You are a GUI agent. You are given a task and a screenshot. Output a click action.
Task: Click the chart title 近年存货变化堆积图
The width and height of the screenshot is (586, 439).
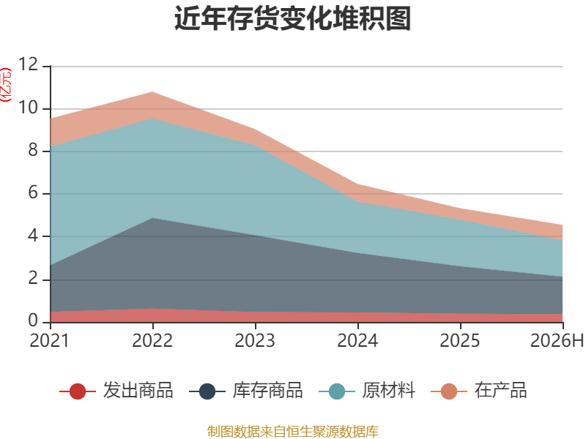tap(292, 18)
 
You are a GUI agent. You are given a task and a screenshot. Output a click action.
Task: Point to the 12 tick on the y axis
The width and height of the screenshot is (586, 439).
tap(29, 64)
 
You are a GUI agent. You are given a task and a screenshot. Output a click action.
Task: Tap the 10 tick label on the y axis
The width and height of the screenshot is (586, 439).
tap(29, 108)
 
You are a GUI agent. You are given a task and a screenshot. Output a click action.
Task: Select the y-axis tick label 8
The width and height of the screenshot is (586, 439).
tap(33, 150)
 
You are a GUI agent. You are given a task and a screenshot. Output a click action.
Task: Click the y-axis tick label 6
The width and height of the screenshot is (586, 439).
tap(33, 192)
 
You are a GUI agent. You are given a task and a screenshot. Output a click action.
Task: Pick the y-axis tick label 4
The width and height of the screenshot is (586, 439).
tap(33, 236)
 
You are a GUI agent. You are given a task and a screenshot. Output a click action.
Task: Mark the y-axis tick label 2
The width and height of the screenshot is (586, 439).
tap(33, 279)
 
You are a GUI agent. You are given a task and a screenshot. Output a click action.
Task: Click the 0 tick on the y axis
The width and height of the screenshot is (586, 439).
tap(33, 320)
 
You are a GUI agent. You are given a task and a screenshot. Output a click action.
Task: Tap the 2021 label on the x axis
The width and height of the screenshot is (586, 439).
tap(50, 340)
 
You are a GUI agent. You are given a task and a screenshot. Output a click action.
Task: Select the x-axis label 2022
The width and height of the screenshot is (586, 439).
tap(152, 340)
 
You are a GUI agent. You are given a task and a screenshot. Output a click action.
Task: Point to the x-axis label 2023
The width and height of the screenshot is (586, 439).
tap(255, 340)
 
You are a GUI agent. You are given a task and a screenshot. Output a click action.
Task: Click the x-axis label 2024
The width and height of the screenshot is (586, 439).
tap(357, 340)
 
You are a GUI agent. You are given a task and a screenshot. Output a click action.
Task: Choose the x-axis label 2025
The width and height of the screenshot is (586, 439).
tap(460, 340)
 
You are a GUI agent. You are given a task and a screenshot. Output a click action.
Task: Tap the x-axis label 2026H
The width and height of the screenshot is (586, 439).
tap(557, 340)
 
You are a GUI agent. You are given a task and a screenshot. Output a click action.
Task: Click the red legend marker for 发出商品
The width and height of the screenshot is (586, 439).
tap(78, 391)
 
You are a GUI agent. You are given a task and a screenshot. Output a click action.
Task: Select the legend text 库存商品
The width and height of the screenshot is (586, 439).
tap(267, 391)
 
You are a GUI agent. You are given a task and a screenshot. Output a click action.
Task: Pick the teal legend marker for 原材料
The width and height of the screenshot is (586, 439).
tap(337, 391)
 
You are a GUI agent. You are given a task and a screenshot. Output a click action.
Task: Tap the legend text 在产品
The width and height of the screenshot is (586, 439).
tap(501, 391)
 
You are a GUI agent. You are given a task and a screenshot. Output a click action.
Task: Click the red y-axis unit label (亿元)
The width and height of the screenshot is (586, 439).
tap(6, 85)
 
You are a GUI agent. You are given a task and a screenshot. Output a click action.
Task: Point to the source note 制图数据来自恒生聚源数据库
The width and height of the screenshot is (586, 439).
tap(293, 431)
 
